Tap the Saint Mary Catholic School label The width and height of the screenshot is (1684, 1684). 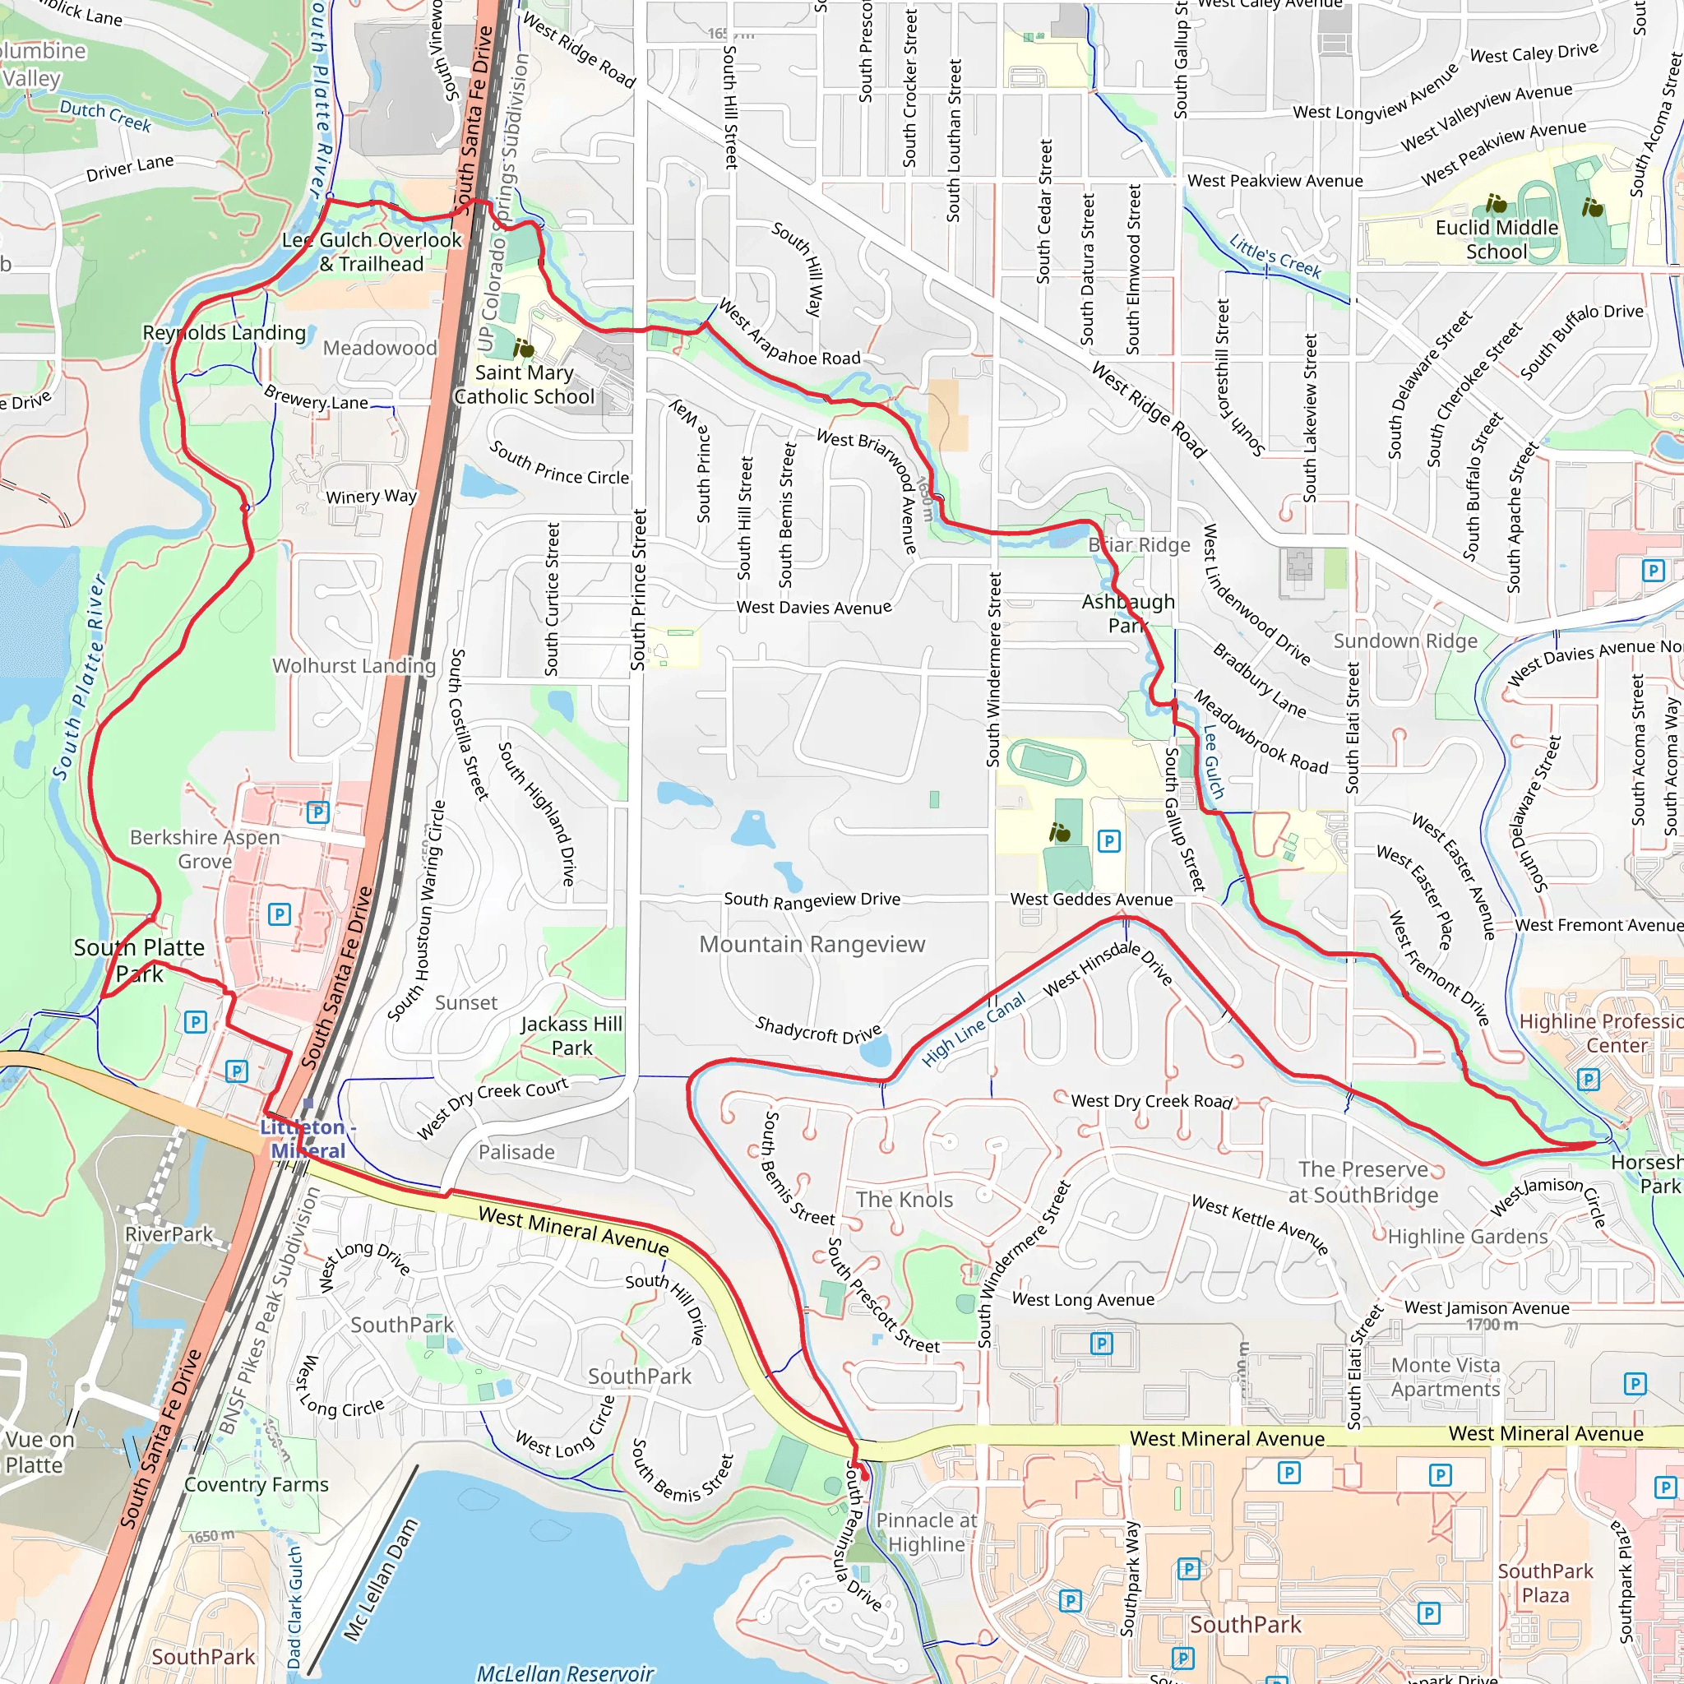[524, 384]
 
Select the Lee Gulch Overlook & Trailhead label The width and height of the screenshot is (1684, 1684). [372, 252]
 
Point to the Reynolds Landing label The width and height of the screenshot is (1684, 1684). [224, 333]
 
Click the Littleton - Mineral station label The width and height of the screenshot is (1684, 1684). [308, 1138]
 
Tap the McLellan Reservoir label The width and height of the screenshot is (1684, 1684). [565, 1672]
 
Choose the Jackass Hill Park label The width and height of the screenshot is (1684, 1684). [571, 1035]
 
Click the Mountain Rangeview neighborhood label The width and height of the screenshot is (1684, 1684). [812, 944]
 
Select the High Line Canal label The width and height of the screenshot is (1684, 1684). [974, 1030]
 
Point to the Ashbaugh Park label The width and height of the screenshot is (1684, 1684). [1128, 613]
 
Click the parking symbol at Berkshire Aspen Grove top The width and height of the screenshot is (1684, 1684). [318, 812]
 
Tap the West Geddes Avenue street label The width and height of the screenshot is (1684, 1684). [1090, 900]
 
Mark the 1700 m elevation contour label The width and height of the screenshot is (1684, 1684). [1492, 1325]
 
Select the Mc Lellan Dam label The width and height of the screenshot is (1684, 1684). [381, 1580]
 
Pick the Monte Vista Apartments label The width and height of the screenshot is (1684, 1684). [1446, 1377]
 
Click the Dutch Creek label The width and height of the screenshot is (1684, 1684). [105, 115]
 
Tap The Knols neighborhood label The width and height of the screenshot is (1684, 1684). [904, 1200]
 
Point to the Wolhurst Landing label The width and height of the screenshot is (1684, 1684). [354, 666]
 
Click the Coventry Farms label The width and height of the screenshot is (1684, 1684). [257, 1484]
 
